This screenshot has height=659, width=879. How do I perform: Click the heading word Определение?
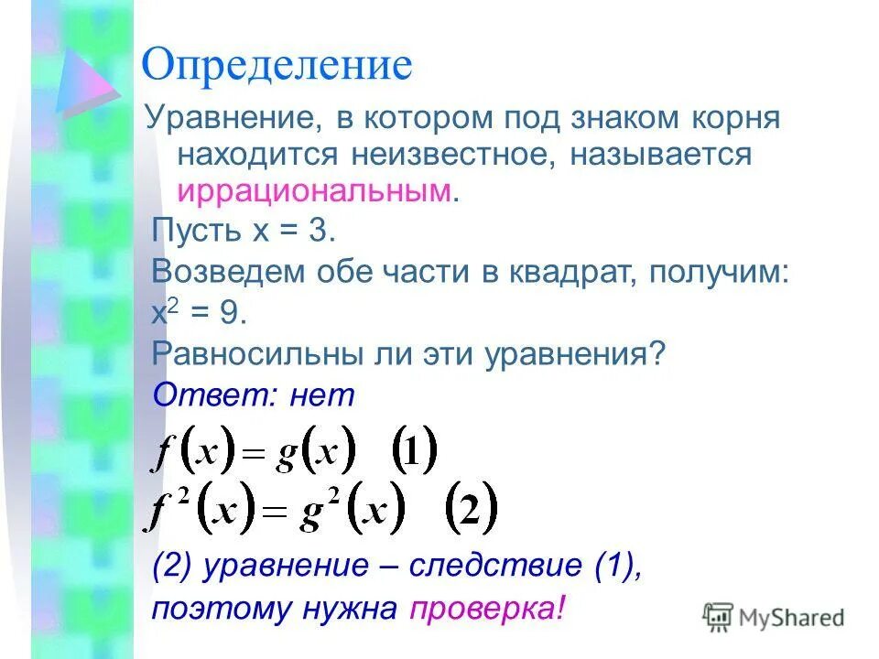[x=277, y=66]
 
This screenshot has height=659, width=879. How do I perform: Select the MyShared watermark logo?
[x=773, y=618]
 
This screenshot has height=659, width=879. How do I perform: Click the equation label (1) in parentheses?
[x=415, y=451]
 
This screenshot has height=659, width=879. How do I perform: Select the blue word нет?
[x=320, y=395]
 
